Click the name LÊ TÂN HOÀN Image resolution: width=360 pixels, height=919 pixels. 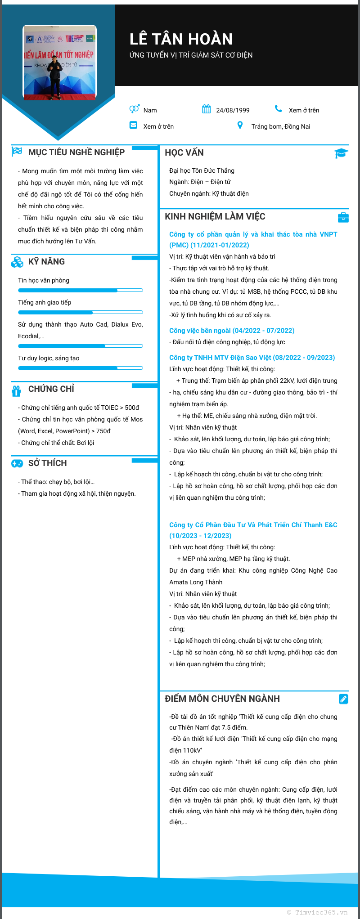181,40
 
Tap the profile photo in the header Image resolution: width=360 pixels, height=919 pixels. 60,63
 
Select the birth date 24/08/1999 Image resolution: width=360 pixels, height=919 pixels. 233,110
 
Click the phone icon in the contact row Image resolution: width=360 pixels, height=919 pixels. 279,109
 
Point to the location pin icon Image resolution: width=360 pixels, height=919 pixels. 240,125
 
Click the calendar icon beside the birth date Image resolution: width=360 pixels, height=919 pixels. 207,109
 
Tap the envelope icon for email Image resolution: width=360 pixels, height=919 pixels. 133,125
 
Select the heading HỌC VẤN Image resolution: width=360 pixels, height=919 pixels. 184,152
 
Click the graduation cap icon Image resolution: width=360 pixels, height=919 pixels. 341,153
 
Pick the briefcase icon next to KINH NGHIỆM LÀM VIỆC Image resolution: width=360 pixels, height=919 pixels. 343,217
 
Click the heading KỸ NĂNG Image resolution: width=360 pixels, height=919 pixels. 46,262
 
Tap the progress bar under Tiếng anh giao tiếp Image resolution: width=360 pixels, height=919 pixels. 81,312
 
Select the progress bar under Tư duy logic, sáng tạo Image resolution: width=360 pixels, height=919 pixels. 81,368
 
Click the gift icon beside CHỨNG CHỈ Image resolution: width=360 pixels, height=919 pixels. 17,391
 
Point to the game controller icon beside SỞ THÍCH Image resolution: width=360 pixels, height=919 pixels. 17,463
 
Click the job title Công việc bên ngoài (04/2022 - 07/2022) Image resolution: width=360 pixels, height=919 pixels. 232,331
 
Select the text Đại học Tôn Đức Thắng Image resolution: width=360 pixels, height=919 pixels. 202,170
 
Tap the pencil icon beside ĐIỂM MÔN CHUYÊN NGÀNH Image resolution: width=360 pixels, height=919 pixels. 343,699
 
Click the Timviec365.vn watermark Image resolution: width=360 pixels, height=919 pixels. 317,912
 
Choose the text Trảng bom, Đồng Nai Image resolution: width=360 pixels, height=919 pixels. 280,126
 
